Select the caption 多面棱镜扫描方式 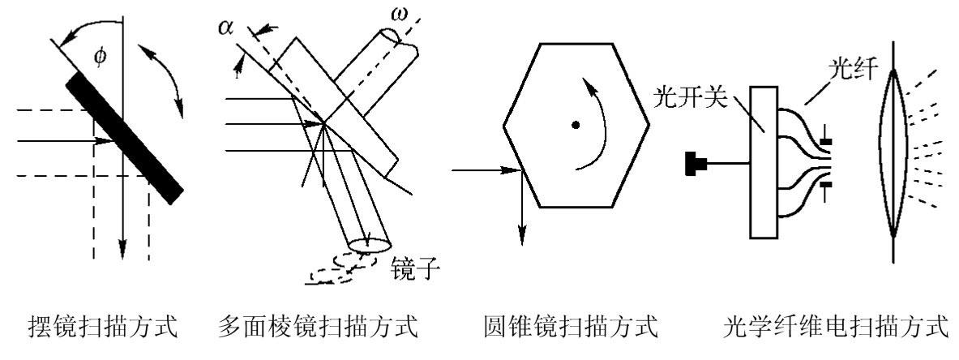click(x=319, y=328)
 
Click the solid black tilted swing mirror click(x=126, y=135)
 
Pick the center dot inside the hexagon click(x=575, y=125)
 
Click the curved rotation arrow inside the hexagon click(x=598, y=122)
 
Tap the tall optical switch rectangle click(x=763, y=161)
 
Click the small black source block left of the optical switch click(x=696, y=165)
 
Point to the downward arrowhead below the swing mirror click(x=122, y=248)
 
